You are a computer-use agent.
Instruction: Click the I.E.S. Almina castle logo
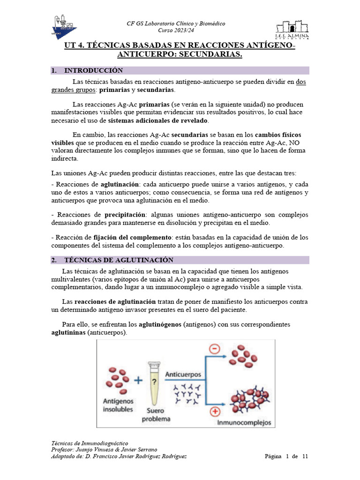tap(292, 29)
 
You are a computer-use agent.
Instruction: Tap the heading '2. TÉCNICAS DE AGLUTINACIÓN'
tap(119, 260)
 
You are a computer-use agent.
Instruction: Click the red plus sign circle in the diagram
tap(216, 412)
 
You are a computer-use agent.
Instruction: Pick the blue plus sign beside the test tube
tap(138, 381)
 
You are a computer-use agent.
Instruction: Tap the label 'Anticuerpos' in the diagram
tap(183, 375)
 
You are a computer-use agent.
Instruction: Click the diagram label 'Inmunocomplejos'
tap(244, 422)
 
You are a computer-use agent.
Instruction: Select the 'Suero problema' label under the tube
tap(157, 415)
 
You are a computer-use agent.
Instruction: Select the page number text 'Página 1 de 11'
tap(286, 457)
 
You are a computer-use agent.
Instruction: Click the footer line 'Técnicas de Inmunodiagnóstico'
tap(89, 443)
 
